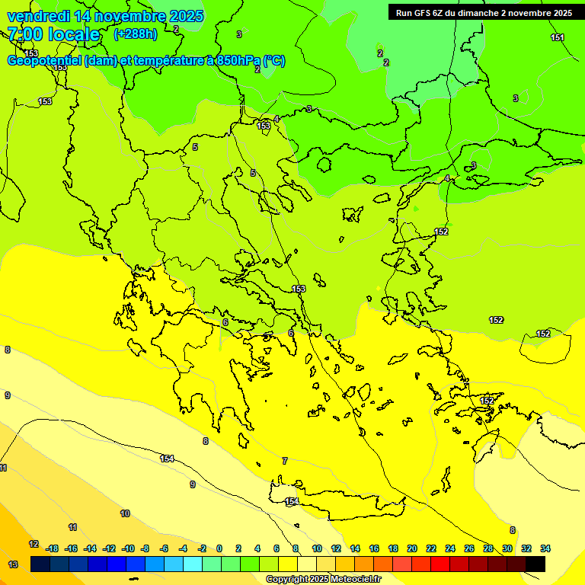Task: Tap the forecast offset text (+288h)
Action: coord(135,34)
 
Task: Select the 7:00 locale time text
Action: coord(53,34)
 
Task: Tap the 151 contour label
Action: coord(558,38)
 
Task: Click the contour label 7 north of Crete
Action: coord(285,461)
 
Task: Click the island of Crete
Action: coord(335,502)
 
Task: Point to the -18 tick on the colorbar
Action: coord(52,548)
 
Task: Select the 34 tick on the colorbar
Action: coord(545,548)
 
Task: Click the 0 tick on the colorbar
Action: coord(219,548)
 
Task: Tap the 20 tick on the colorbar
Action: coord(412,548)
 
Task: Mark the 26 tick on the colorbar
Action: coord(469,548)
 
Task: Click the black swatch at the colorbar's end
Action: coord(535,564)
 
